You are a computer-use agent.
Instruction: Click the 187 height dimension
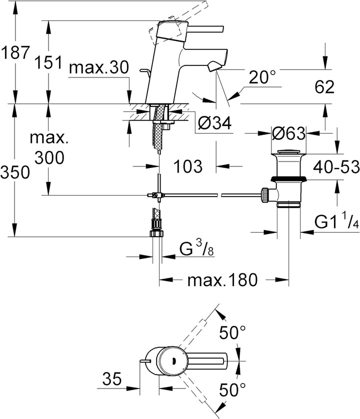(x=15, y=52)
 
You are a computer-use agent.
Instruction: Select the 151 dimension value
(x=48, y=62)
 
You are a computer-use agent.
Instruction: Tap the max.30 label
(x=99, y=67)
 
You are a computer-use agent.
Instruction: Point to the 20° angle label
(x=261, y=77)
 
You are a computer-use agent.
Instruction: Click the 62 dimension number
(x=324, y=87)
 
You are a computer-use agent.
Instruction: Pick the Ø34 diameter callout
(x=214, y=123)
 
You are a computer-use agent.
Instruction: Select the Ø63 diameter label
(x=288, y=133)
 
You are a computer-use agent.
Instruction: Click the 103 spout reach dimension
(x=188, y=166)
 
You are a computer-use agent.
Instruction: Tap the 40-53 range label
(x=336, y=167)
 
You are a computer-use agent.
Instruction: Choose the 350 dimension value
(x=15, y=172)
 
